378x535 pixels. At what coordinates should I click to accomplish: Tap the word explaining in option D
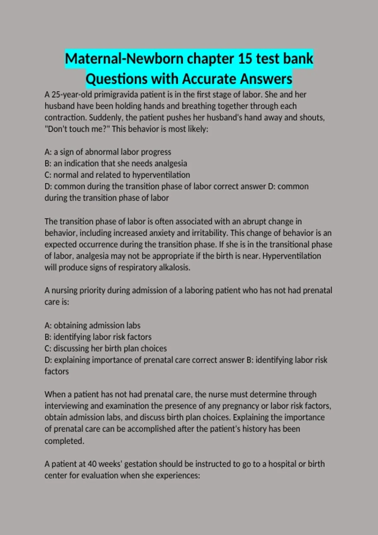click(72, 360)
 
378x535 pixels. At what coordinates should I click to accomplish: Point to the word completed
click(64, 441)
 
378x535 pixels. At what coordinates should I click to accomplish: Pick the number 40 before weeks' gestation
click(92, 464)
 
